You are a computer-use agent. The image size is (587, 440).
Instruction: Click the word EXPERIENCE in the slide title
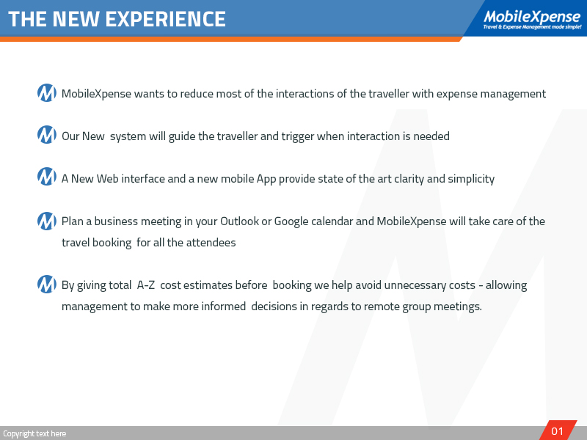(x=166, y=19)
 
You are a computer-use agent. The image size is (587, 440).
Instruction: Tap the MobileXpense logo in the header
(x=531, y=16)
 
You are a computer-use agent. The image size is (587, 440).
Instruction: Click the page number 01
(x=558, y=431)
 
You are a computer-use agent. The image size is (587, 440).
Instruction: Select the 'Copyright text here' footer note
(x=34, y=433)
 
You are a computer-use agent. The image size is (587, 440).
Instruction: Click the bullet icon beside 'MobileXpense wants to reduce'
(x=46, y=93)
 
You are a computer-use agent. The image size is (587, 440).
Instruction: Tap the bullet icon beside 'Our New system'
(x=46, y=136)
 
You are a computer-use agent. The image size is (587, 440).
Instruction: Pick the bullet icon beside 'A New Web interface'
(x=46, y=177)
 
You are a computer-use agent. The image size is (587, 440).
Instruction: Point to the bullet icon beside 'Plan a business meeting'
(x=46, y=220)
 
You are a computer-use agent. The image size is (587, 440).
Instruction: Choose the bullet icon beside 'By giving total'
(x=46, y=285)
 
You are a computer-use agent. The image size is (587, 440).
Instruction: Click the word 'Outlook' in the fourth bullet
(x=239, y=221)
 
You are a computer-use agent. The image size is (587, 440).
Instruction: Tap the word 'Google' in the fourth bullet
(x=292, y=221)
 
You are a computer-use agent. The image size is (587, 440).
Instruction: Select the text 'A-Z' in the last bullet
(x=145, y=285)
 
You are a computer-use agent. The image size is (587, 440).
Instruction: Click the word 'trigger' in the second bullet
(x=300, y=136)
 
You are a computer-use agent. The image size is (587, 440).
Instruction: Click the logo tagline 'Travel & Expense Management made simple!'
(x=532, y=27)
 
